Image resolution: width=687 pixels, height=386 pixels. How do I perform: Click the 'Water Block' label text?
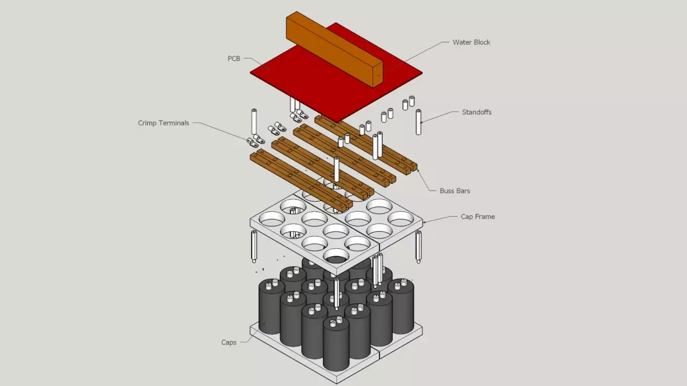(x=471, y=42)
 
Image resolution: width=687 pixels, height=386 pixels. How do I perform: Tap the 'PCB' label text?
(x=234, y=58)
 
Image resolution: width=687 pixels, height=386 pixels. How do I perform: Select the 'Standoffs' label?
(x=477, y=113)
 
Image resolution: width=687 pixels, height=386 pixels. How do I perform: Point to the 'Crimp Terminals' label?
(x=163, y=123)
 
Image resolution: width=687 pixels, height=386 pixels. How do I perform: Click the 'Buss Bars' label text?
(x=455, y=191)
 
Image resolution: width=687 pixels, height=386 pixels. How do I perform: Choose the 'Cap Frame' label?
(x=478, y=217)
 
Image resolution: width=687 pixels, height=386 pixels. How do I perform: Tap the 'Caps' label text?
(x=229, y=342)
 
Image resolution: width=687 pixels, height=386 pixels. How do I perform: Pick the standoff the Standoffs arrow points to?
(x=418, y=122)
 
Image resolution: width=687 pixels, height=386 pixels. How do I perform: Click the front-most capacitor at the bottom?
(x=336, y=346)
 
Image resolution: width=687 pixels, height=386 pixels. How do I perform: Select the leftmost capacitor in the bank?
(x=272, y=308)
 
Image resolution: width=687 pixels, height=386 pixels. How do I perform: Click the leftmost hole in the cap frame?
(x=272, y=218)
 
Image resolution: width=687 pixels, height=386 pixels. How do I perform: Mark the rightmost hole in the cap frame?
(x=400, y=218)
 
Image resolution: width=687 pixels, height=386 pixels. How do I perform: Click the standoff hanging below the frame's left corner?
(x=254, y=246)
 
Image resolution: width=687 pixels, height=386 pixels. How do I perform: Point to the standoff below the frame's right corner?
(x=418, y=247)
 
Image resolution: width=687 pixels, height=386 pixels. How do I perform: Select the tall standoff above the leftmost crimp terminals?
(x=254, y=122)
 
